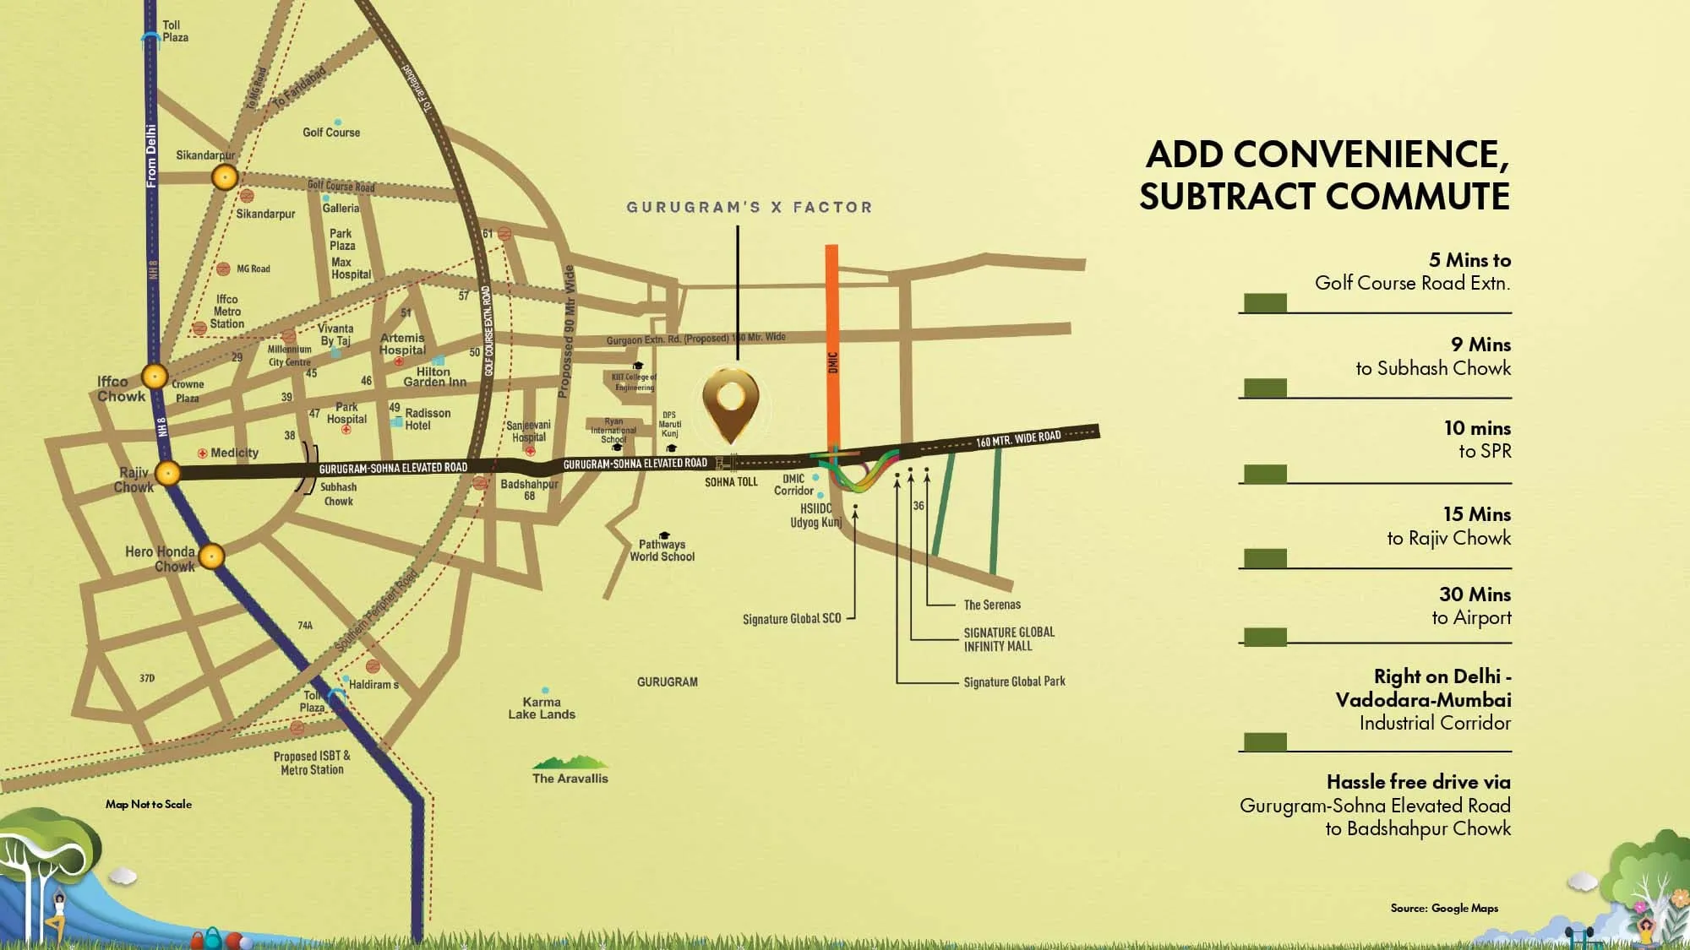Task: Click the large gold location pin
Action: click(x=731, y=401)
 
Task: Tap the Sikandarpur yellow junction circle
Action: click(x=225, y=177)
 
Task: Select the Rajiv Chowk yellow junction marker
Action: click(x=168, y=473)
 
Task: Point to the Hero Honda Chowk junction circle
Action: click(x=211, y=556)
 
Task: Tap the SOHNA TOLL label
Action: click(x=731, y=482)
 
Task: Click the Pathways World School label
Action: click(x=662, y=551)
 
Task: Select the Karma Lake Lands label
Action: click(x=542, y=708)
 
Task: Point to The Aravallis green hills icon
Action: click(x=570, y=763)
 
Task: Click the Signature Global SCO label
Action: click(x=792, y=619)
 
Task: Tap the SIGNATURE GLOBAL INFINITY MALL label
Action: click(x=1009, y=639)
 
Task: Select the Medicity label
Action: click(x=234, y=453)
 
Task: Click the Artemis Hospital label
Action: click(x=402, y=344)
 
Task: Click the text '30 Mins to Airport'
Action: click(x=1472, y=605)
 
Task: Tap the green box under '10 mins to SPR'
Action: click(x=1265, y=474)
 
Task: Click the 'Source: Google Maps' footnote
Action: click(x=1444, y=908)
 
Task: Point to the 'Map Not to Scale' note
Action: click(x=149, y=804)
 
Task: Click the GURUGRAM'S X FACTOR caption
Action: click(x=749, y=207)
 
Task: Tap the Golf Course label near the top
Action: click(x=331, y=133)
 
